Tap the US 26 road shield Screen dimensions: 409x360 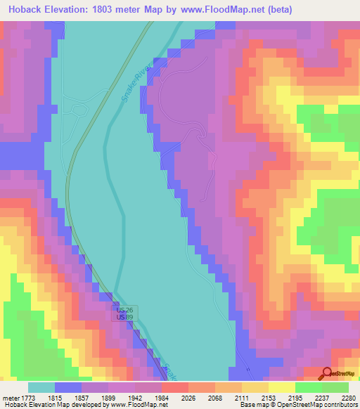click(x=124, y=310)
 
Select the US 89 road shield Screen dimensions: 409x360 click(x=124, y=318)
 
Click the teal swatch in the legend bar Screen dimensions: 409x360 click(x=41, y=387)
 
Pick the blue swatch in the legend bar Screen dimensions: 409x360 click(x=68, y=387)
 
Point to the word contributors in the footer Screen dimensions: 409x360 click(x=340, y=405)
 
